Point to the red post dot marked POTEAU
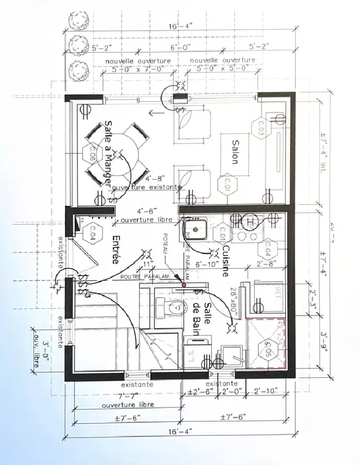tap(184, 285)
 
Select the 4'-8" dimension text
tap(153, 178)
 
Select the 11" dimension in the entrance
tap(147, 263)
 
